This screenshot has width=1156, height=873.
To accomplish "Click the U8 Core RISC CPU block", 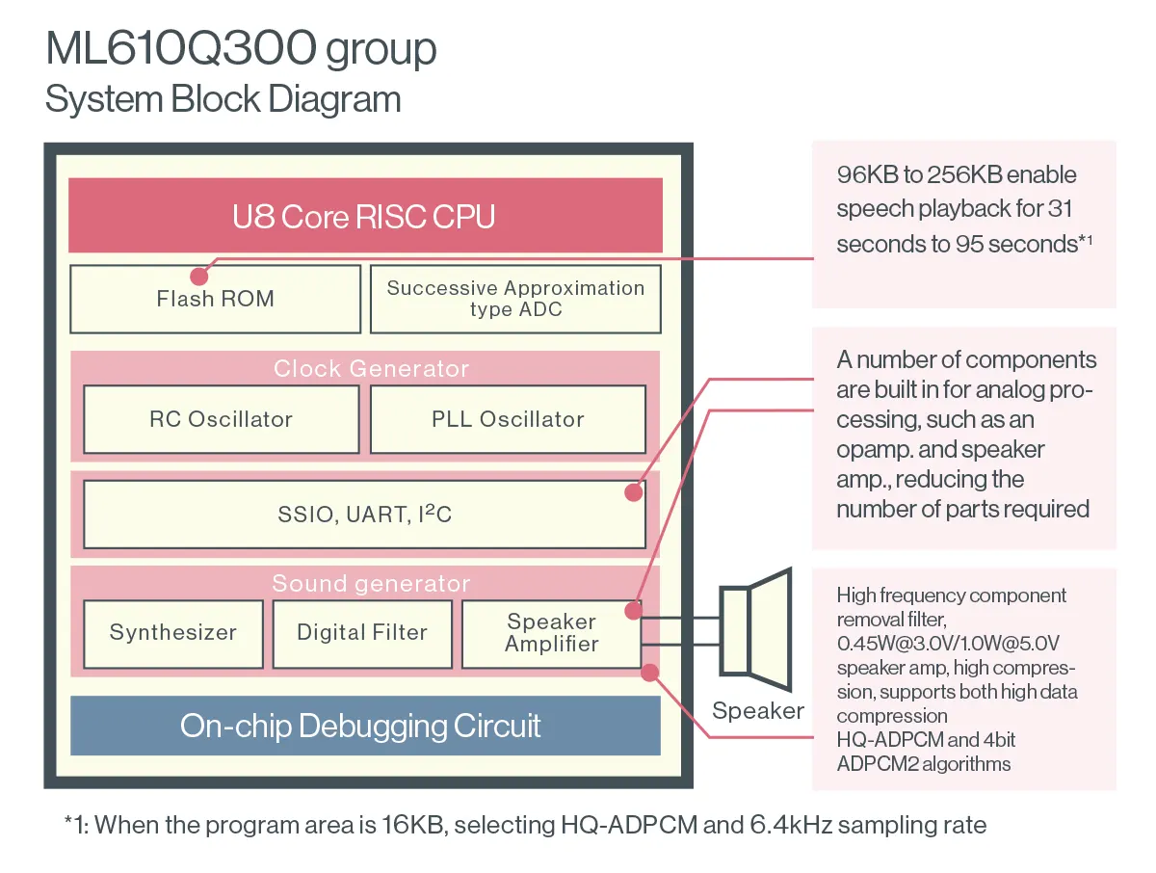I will tap(365, 216).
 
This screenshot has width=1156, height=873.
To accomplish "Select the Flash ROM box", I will tap(216, 299).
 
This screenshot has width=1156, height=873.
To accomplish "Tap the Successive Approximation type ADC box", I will tap(515, 299).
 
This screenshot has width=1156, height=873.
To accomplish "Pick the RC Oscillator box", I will tap(221, 419).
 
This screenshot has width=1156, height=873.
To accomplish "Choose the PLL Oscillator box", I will tap(508, 419).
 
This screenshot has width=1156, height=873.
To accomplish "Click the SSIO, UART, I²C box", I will tap(364, 515).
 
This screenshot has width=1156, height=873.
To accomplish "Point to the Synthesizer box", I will tap(173, 633).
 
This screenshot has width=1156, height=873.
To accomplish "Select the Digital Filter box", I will tap(362, 633).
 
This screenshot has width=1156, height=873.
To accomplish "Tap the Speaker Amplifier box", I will tap(551, 633).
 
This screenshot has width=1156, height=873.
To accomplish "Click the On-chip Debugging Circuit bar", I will tap(365, 726).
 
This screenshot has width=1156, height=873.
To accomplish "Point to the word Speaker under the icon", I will tap(758, 712).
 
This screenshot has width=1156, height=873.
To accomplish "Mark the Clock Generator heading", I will tap(371, 369).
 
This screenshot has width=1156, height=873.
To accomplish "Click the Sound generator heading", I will tap(371, 584).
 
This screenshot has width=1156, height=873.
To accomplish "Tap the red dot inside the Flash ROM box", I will tap(200, 276).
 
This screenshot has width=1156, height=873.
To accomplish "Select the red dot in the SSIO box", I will tap(633, 492).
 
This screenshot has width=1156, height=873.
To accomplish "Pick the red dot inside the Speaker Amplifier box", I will tap(633, 610).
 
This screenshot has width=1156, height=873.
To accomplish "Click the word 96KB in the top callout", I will tap(865, 175).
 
